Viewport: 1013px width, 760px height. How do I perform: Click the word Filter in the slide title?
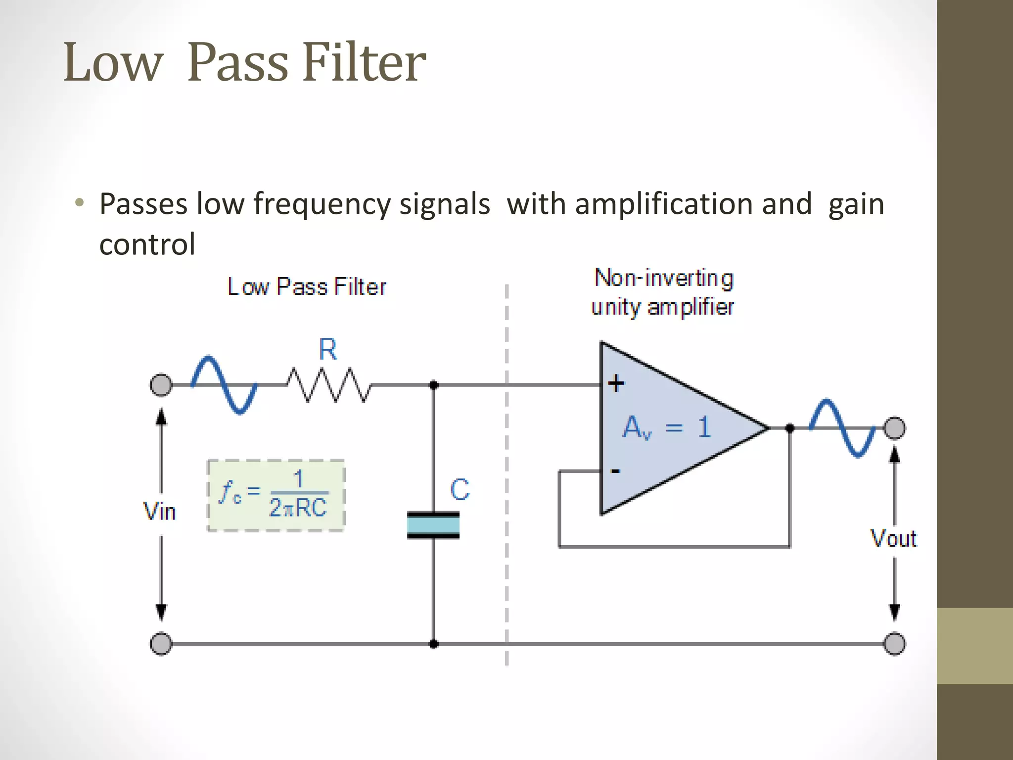click(364, 62)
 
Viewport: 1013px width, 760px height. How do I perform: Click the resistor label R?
click(327, 349)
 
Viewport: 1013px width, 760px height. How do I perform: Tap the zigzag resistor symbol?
click(329, 384)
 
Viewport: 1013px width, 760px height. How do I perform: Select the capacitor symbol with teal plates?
click(433, 525)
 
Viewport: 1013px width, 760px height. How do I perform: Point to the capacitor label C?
click(460, 490)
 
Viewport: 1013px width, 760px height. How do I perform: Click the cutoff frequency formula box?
click(276, 495)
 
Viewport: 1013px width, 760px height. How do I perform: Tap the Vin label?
click(159, 511)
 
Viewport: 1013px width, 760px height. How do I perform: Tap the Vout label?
click(893, 538)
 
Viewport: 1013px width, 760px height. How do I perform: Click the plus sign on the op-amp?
click(616, 383)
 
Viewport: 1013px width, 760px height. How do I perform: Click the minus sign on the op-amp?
click(615, 471)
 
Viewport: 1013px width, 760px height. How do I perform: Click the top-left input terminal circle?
click(161, 385)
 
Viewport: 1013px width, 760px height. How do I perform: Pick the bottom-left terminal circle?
click(161, 644)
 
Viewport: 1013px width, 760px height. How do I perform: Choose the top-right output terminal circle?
click(894, 428)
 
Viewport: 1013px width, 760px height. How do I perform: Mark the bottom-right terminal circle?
click(894, 644)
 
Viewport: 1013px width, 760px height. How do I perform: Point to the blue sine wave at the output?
click(842, 427)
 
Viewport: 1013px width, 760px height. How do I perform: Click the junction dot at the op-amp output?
click(790, 428)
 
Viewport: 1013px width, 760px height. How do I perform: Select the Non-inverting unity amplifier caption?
click(663, 292)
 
